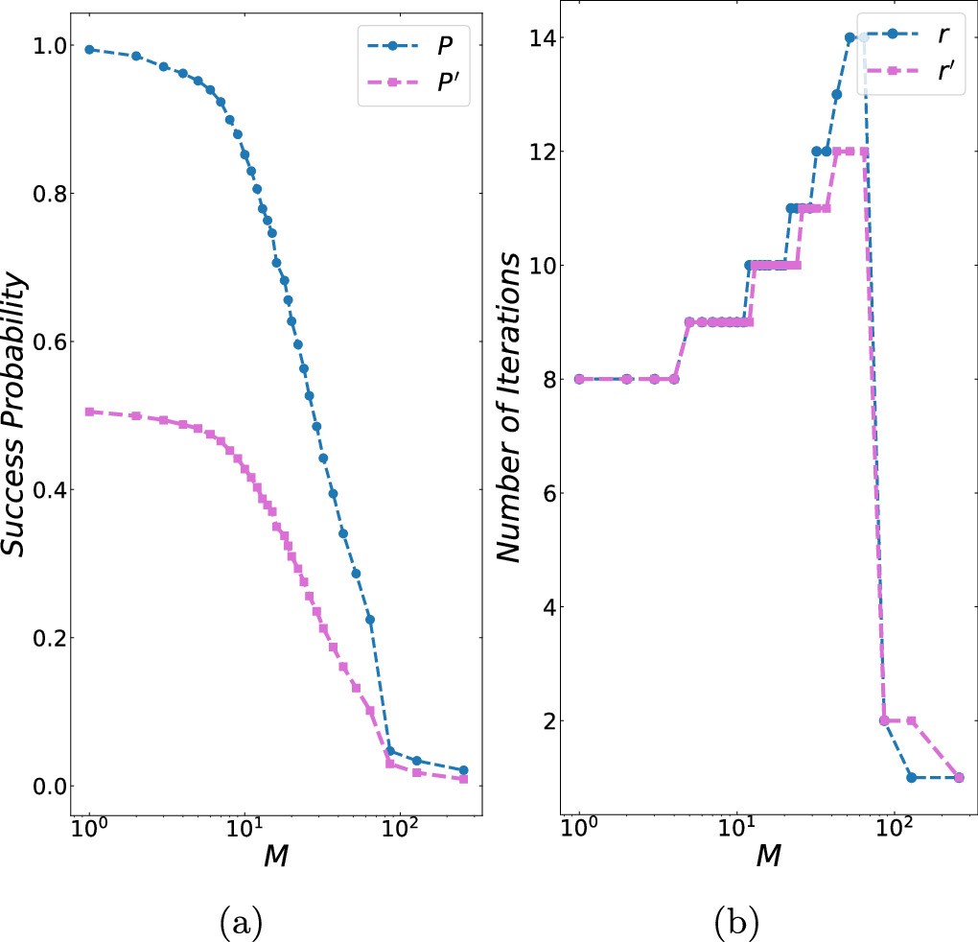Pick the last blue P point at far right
pyautogui.click(x=463, y=770)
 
